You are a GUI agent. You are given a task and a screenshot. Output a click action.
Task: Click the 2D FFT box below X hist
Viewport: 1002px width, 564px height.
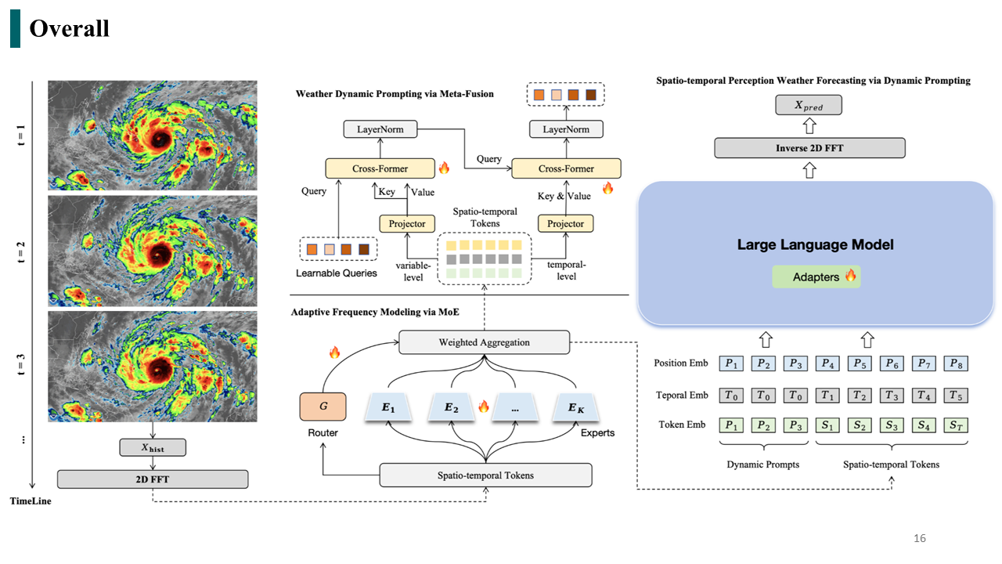pos(153,479)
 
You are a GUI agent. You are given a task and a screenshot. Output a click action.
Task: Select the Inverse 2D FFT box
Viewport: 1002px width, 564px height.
pos(809,148)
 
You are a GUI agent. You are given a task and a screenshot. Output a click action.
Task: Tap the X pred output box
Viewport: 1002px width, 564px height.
pos(809,105)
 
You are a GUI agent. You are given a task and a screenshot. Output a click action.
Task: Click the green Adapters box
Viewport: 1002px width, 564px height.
pos(816,277)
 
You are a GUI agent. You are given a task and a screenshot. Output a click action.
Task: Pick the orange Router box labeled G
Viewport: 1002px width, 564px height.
pos(323,407)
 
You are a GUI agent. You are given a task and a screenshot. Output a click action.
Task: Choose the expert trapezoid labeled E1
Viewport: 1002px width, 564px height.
pos(388,407)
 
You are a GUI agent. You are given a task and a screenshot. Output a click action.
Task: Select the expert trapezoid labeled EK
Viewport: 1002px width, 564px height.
pos(575,407)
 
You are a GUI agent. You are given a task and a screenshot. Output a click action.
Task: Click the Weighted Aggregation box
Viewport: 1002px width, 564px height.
pos(484,342)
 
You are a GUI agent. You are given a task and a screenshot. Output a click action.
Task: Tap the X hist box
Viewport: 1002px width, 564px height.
pos(153,447)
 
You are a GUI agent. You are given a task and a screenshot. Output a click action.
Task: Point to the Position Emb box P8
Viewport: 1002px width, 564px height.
pos(956,363)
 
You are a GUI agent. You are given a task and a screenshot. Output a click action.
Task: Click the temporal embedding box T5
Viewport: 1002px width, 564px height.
pos(956,396)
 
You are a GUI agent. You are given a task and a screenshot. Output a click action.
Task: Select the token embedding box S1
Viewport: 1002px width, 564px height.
pos(827,425)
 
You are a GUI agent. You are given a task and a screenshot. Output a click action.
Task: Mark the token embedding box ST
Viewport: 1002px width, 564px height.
pos(956,425)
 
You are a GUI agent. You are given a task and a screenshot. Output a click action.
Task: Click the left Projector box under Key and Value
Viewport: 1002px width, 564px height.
pos(407,223)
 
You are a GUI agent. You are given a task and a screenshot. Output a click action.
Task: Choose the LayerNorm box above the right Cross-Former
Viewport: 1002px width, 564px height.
pos(566,129)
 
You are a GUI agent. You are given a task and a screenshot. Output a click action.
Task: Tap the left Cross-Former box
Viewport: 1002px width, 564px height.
pos(380,168)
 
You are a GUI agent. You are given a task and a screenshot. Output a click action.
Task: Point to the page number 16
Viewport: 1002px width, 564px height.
pos(920,538)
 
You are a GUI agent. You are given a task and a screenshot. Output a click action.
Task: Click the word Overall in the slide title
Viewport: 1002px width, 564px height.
pos(70,28)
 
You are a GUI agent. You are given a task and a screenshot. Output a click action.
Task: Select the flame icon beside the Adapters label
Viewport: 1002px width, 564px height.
pos(851,275)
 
